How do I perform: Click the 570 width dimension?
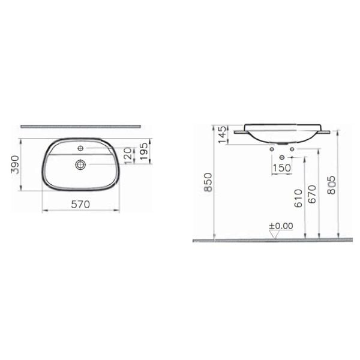[80, 204]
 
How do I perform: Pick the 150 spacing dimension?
[281, 167]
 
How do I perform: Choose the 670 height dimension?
[311, 194]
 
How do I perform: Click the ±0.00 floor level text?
[280, 226]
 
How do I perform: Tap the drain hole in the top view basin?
[80, 163]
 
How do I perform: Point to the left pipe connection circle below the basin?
[273, 148]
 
